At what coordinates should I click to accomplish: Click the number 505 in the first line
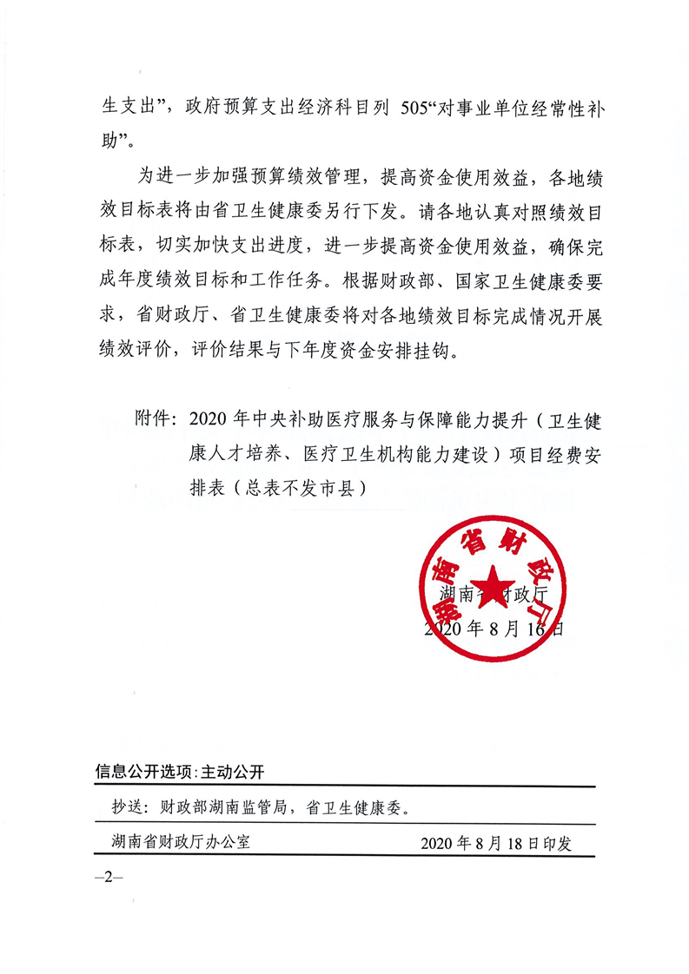pos(423,111)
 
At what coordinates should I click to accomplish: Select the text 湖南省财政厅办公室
pos(181,842)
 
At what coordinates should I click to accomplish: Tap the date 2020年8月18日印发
pos(496,843)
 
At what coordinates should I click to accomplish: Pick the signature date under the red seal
pos(494,629)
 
